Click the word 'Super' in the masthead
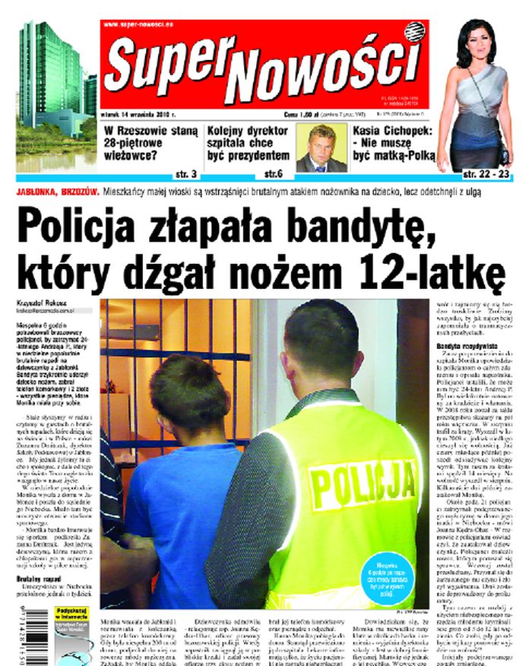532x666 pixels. pos(159,64)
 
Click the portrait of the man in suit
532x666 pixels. pos(321,147)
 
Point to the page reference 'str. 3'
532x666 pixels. pos(186,173)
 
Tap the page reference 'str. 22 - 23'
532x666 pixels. pos(481,173)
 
